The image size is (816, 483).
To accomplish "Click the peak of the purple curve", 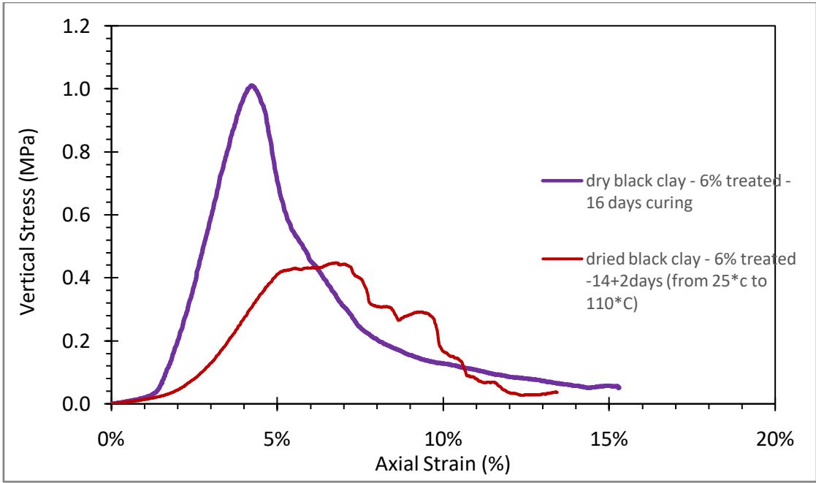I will (251, 85).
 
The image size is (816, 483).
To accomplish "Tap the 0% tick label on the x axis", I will (112, 421).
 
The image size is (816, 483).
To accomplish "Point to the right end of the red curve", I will (557, 392).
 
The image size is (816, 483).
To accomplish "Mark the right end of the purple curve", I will (619, 387).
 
